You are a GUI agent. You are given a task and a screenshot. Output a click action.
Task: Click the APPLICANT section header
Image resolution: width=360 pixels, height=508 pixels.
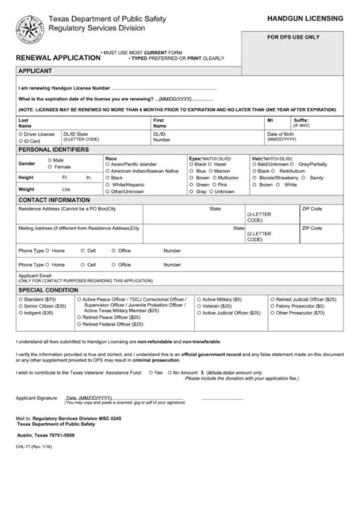[x=34, y=71]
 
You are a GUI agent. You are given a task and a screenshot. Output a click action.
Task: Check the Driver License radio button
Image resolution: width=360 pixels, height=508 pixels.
[x=21, y=134]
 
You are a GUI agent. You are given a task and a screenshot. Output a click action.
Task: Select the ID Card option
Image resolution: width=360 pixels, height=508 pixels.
[x=21, y=140]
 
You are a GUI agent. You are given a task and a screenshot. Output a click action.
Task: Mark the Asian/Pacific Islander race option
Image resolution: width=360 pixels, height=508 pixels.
[x=107, y=164]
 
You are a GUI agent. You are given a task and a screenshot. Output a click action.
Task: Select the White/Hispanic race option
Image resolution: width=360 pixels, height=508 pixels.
[x=107, y=185]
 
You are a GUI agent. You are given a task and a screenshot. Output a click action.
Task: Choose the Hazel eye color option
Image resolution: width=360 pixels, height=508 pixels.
[x=212, y=164]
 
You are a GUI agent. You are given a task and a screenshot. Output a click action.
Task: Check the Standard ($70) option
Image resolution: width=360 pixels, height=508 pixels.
[x=21, y=300]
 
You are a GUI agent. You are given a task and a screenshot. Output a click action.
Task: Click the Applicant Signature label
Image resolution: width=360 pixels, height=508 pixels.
[x=37, y=396]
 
